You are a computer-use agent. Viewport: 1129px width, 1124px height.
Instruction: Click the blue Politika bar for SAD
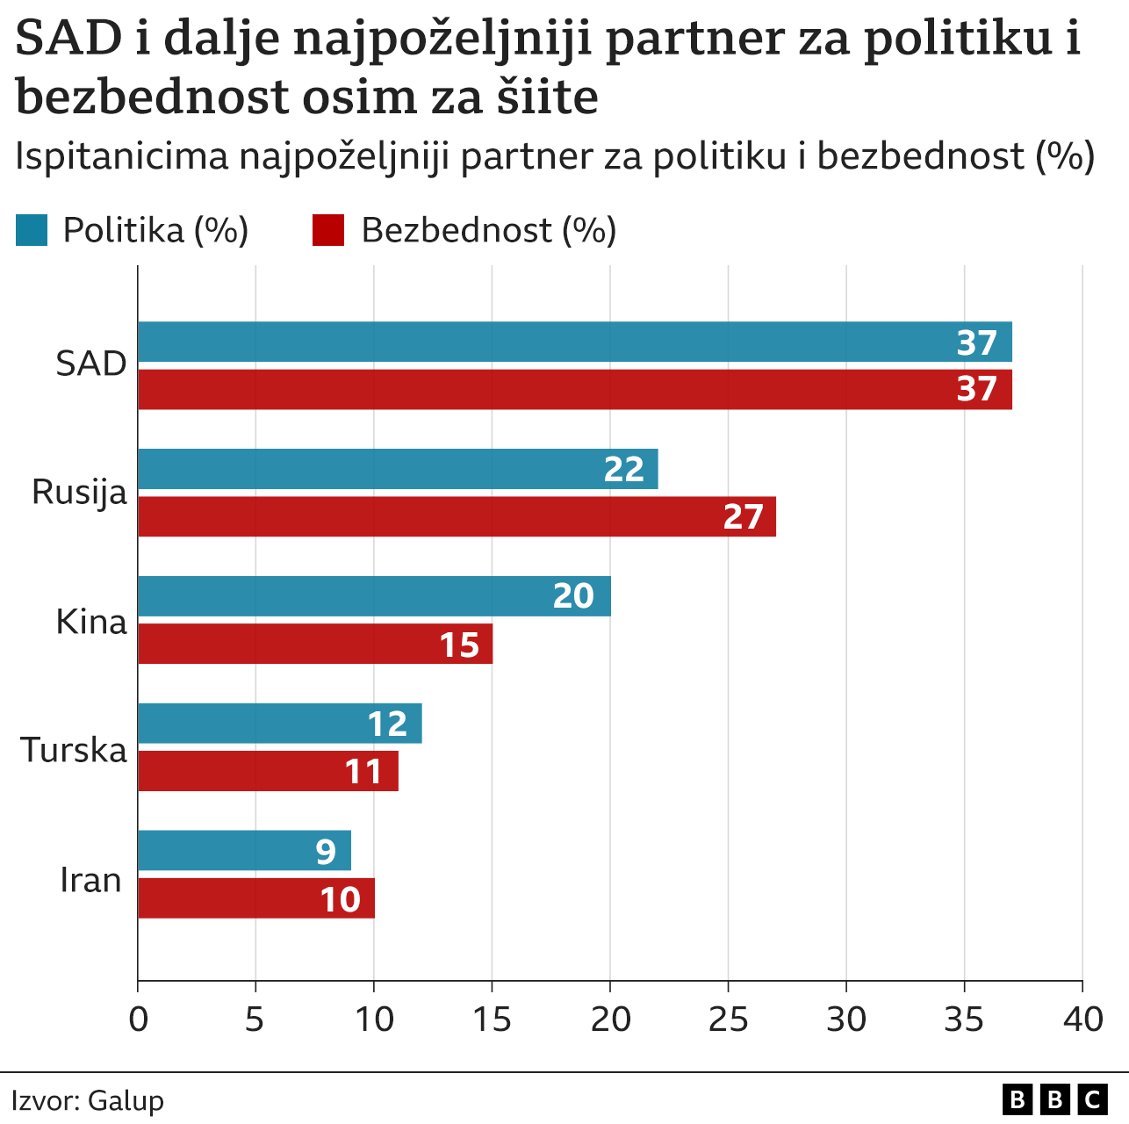click(x=574, y=342)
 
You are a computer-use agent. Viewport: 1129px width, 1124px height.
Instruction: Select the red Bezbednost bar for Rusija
click(x=457, y=516)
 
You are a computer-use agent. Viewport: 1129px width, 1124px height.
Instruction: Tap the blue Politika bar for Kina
click(x=374, y=596)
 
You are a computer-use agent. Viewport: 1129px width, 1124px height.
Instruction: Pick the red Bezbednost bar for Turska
click(x=268, y=771)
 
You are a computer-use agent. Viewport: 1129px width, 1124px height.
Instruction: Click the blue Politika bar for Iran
click(x=244, y=851)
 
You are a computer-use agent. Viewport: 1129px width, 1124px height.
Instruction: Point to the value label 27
click(x=743, y=516)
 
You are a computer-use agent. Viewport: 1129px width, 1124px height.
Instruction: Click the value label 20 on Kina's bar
click(x=573, y=596)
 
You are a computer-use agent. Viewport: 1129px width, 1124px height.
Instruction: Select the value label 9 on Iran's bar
click(x=326, y=851)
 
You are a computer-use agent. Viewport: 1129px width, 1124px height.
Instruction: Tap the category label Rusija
click(x=79, y=492)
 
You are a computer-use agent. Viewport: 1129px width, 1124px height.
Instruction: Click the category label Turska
click(x=74, y=750)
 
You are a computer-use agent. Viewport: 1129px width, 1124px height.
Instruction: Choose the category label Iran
click(x=90, y=879)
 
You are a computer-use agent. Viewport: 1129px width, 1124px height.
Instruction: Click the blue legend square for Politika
click(x=32, y=230)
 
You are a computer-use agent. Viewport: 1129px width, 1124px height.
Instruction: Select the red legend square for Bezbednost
click(x=328, y=230)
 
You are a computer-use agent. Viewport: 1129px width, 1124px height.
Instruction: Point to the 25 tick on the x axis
click(x=728, y=1020)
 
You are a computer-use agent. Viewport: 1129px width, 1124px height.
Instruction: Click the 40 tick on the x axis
click(x=1082, y=1020)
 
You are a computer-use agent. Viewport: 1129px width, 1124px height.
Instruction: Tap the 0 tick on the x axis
click(x=138, y=1020)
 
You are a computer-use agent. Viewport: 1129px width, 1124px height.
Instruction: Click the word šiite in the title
click(x=548, y=97)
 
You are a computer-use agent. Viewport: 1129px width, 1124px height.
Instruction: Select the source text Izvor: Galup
click(x=88, y=1100)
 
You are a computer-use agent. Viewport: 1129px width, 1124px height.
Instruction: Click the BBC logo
click(x=1054, y=1099)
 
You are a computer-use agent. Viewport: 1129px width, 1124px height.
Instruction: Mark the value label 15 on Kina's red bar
click(x=459, y=645)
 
